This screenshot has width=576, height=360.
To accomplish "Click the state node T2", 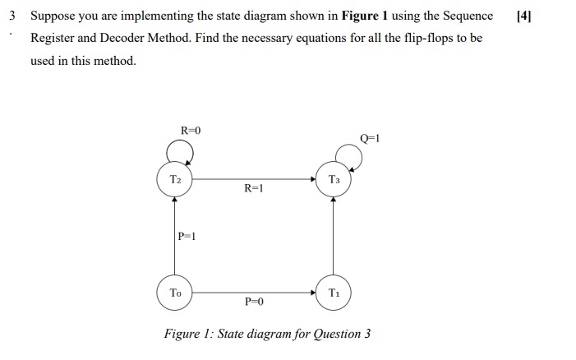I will click(175, 179).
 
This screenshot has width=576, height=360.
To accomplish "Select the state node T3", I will click(333, 179).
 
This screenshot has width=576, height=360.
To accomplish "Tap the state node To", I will click(175, 293).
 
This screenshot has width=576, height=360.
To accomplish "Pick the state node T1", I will click(333, 293).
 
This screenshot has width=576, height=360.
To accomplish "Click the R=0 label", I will click(191, 130).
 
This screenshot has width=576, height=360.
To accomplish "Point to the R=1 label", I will click(254, 189).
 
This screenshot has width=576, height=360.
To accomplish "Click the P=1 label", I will click(187, 236).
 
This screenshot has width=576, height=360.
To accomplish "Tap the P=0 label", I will click(254, 302).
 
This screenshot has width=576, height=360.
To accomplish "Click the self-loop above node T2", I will click(180, 150).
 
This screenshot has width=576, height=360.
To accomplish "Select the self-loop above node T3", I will click(348, 155).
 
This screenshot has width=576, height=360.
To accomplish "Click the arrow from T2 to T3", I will click(254, 179).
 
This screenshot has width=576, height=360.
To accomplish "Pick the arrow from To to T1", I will click(254, 293).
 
